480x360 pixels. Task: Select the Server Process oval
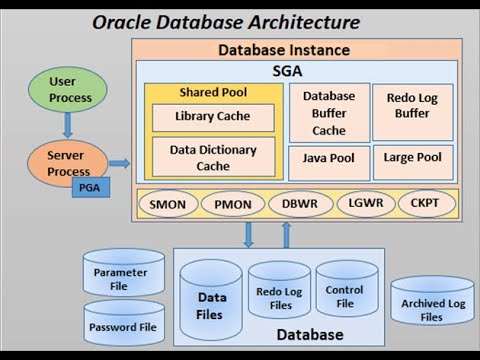click(x=68, y=162)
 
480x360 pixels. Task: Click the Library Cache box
click(x=212, y=117)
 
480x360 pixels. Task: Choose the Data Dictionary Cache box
click(x=212, y=157)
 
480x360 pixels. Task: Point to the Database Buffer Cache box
click(x=329, y=113)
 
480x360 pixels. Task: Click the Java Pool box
click(x=329, y=159)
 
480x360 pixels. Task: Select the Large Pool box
click(x=412, y=159)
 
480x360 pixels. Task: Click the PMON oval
click(x=233, y=205)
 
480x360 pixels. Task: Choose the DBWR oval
click(x=299, y=205)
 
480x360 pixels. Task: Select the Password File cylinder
click(x=123, y=324)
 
